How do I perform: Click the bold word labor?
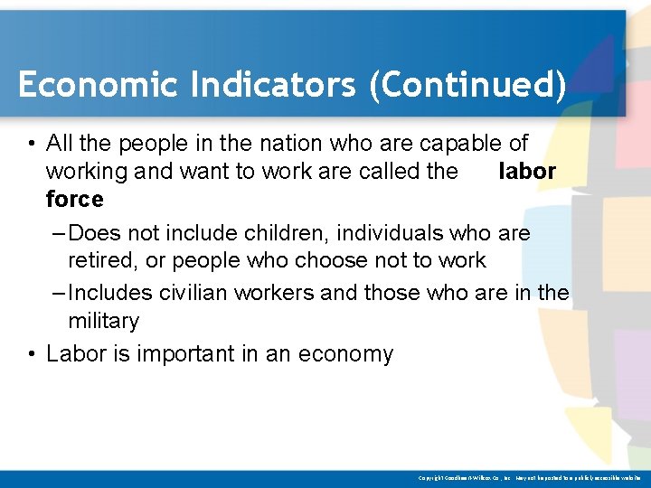527,172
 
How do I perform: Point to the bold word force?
74,199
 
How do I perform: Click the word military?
103,321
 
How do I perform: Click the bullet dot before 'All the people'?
31,144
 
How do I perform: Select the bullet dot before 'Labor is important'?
31,354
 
